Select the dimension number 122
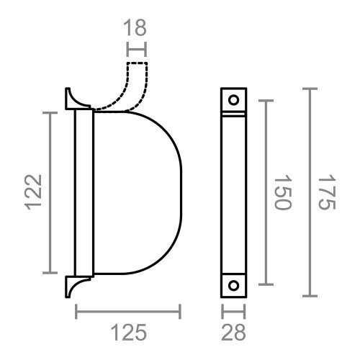[x=35, y=192]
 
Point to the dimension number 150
[x=283, y=192]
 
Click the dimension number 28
[x=233, y=333]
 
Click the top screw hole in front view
[x=233, y=99]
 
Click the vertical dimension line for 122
[x=50, y=192]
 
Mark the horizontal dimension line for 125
[x=128, y=311]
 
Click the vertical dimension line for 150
[x=267, y=192]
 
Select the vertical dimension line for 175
[x=310, y=192]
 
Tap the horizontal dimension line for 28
[x=233, y=311]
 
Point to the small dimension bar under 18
[x=136, y=50]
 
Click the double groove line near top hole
[x=233, y=114]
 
